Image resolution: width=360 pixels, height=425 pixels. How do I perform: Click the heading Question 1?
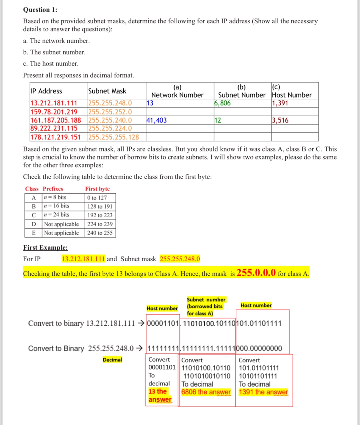coord(40,10)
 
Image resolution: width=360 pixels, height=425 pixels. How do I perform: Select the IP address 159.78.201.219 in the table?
coord(54,112)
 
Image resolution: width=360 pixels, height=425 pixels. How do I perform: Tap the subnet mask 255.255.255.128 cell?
coord(114,137)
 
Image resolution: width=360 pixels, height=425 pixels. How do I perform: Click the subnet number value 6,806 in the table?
coord(222,103)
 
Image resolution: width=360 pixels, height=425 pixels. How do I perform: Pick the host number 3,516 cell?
coord(280,120)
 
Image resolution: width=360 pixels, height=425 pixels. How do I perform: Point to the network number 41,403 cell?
coord(157,120)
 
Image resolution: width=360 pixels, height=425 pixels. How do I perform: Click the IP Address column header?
coord(46,91)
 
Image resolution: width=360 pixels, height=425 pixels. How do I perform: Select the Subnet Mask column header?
coord(107,91)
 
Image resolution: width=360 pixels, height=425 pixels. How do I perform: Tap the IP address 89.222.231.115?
coord(54,128)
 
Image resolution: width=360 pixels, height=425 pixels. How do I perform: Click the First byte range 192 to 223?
coord(100,215)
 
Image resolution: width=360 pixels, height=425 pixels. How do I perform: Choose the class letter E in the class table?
coord(34,233)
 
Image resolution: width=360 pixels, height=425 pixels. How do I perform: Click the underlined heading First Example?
coord(46,248)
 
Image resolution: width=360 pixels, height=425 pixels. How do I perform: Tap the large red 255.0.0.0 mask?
coord(256,273)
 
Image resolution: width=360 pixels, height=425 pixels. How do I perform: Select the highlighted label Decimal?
coord(112,360)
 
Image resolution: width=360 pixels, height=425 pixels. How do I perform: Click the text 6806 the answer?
coord(206,392)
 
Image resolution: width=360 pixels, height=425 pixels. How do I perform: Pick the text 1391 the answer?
coord(263,392)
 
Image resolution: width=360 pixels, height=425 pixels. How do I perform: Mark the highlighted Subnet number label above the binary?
coord(206,300)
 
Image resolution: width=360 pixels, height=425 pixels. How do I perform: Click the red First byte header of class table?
coord(97,189)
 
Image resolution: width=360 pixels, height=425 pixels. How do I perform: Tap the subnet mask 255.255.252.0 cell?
coord(110,112)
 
